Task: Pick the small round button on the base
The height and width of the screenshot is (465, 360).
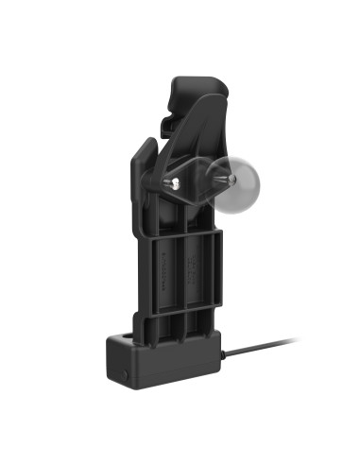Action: [124, 373]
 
